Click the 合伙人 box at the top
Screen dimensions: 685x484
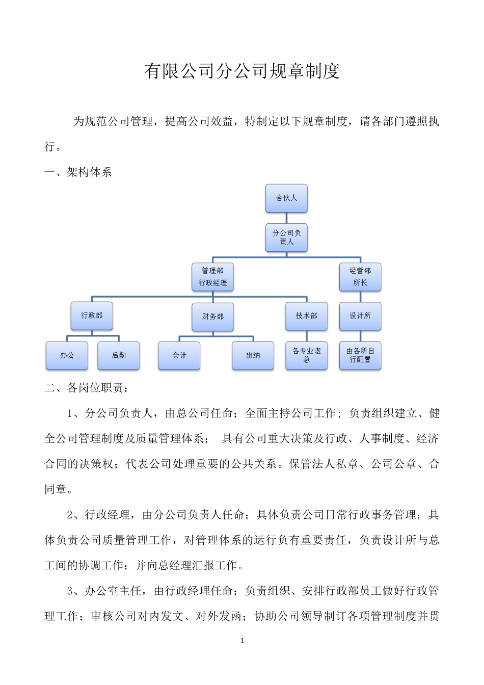[x=286, y=198]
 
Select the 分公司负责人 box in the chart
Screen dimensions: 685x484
[x=286, y=238]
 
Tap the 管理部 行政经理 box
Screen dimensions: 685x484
[x=212, y=277]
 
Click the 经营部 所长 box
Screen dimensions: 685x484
[x=360, y=277]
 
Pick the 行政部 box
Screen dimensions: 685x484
[x=92, y=315]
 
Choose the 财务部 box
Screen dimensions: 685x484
[x=212, y=317]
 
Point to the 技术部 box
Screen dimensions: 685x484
[x=306, y=316]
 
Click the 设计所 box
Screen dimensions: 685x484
[x=360, y=316]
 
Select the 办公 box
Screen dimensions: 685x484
[x=67, y=355]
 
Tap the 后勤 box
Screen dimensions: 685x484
[x=119, y=355]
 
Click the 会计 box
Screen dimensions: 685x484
[x=179, y=355]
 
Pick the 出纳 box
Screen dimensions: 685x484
[x=253, y=355]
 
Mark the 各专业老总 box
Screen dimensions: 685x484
[x=306, y=355]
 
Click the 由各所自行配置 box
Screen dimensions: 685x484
[x=360, y=355]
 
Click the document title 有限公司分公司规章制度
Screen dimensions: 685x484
[x=241, y=71]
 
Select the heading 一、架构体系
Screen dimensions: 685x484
[x=78, y=172]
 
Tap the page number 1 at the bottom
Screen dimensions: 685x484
[x=242, y=640]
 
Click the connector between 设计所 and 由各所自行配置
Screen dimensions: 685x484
[x=360, y=336]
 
